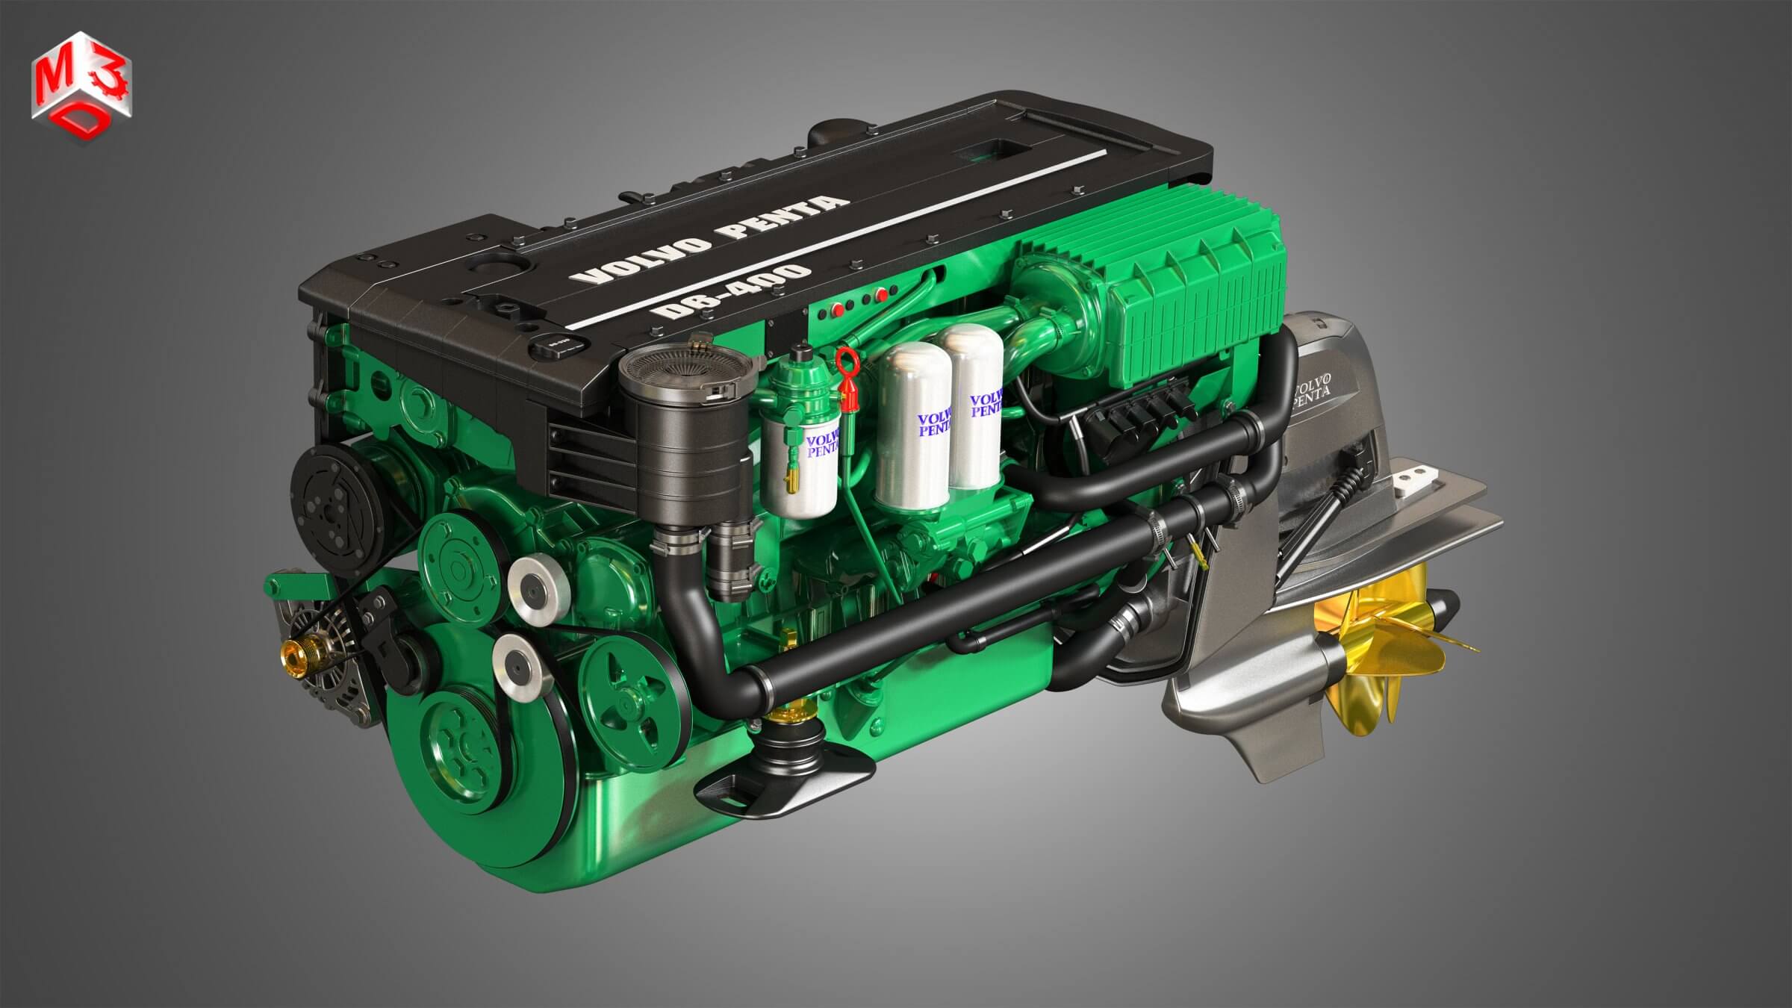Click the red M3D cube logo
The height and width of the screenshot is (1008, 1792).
(81, 77)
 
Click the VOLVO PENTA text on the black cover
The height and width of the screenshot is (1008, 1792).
(709, 240)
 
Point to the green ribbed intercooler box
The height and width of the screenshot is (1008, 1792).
(1195, 299)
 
